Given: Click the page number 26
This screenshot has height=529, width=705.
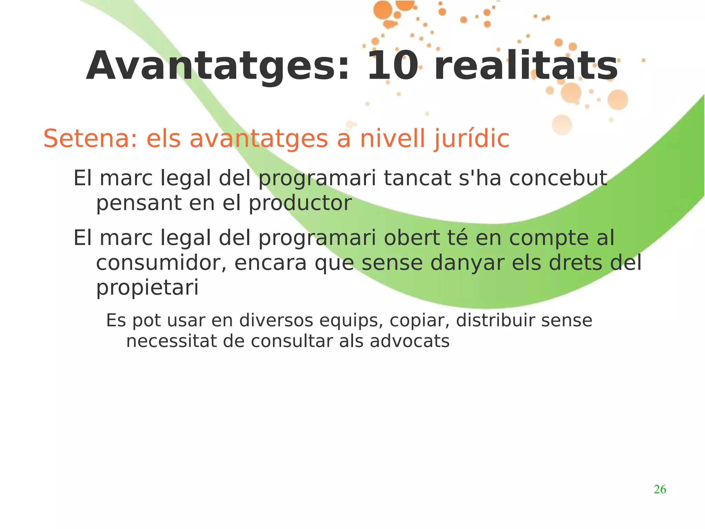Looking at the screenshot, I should pos(660,489).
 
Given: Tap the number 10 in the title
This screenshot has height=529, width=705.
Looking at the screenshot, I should pos(392,66).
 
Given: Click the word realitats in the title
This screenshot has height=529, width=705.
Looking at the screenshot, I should pos(526,66).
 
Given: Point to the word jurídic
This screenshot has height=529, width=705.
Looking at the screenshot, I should pos(471,139).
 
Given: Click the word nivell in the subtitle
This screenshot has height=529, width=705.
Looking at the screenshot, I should pos(392,139).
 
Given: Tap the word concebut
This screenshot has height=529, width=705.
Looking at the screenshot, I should pos(558,178).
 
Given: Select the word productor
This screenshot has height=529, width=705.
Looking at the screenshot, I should pos(300,203).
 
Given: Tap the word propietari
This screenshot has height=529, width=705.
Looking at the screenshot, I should pos(147,288).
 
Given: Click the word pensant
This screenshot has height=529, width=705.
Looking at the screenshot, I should pos(138,203).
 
